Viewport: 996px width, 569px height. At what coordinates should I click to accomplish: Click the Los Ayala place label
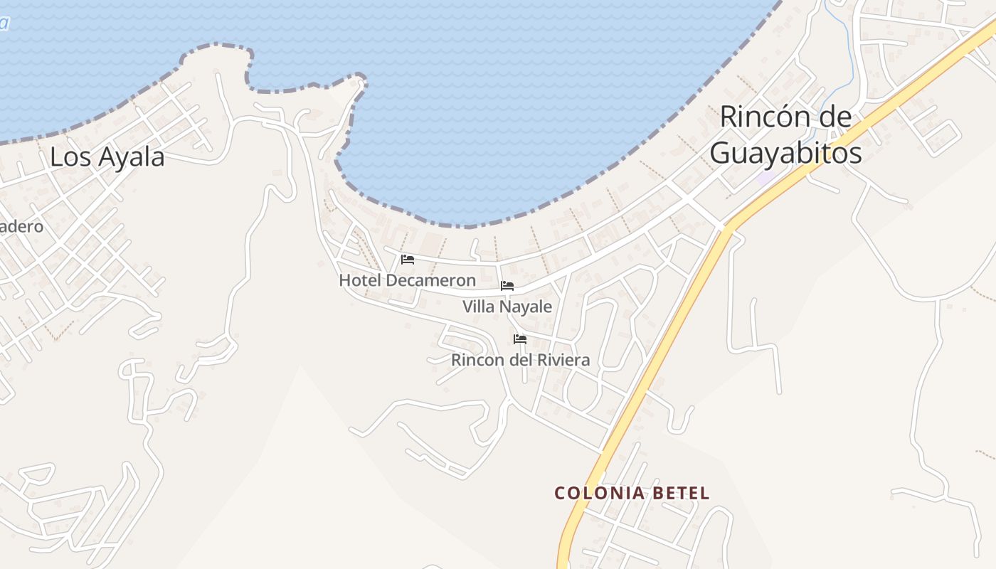pos(107,157)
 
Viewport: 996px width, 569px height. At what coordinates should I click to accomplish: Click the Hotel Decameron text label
pos(407,280)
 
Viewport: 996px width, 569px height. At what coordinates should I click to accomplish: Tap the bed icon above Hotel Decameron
pos(408,260)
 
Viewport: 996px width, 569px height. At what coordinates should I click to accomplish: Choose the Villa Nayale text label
pos(507,307)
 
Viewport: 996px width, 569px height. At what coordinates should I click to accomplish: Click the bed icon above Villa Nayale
pos(507,286)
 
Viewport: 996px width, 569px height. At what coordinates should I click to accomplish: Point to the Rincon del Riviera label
pos(520,360)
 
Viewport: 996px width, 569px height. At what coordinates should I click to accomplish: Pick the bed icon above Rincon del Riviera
pos(520,339)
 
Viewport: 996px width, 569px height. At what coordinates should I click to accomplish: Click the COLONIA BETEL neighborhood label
pos(632,493)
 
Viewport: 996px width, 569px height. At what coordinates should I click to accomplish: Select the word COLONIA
pos(598,493)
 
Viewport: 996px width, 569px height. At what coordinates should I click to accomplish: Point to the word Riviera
pos(563,360)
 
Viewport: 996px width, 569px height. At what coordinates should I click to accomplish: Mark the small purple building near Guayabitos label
pos(765,178)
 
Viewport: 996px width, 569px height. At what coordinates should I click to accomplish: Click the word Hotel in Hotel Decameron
pos(360,280)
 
